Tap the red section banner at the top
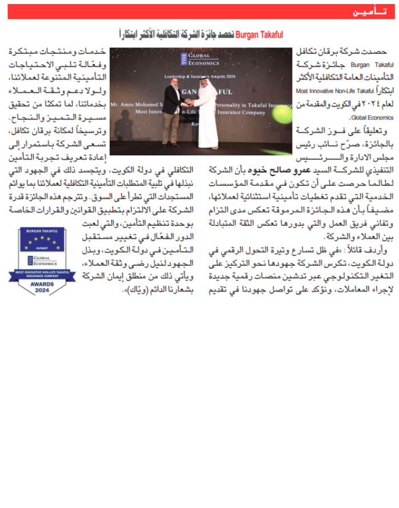[199, 11]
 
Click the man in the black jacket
[171, 104]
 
